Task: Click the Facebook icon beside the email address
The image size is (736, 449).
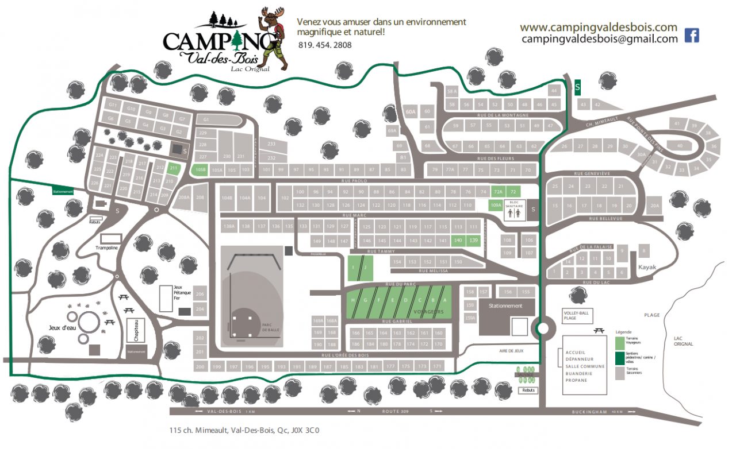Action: [x=692, y=36]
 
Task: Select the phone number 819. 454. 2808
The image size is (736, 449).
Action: [x=325, y=45]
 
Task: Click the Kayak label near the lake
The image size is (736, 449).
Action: [x=646, y=267]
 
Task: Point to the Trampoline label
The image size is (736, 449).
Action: [x=106, y=248]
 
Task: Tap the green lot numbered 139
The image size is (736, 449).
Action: [x=473, y=240]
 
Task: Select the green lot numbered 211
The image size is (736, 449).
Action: [x=174, y=168]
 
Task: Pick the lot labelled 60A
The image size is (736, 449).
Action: [x=410, y=112]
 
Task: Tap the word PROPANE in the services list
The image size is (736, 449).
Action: [x=576, y=380]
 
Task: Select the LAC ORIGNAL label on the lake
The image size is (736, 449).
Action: [x=683, y=340]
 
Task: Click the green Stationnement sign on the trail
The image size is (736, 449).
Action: [x=63, y=192]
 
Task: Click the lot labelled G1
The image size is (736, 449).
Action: [x=206, y=119]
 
